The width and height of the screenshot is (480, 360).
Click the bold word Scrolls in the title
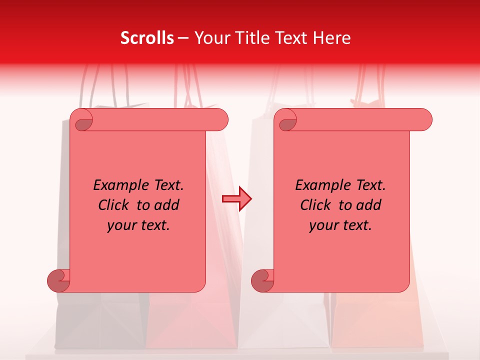[x=147, y=38]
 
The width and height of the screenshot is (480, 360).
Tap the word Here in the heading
[x=332, y=38]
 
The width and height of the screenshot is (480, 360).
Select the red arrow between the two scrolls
[x=236, y=199]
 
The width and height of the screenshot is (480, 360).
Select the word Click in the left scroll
[x=115, y=205]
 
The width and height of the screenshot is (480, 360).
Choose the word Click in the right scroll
[x=317, y=205]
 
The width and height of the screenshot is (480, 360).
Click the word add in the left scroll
[x=167, y=205]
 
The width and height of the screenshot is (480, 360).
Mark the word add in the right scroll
[x=369, y=205]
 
